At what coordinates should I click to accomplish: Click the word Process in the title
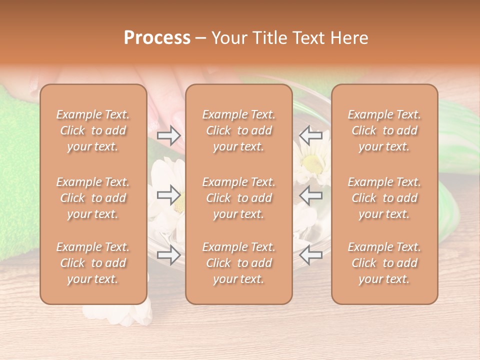click(x=157, y=37)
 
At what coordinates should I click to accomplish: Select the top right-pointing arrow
click(x=169, y=135)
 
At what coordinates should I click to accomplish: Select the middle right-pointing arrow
click(x=169, y=195)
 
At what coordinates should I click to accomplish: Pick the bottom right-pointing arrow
click(x=169, y=255)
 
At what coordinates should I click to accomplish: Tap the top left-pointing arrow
click(x=311, y=135)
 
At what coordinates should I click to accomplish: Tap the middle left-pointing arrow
click(x=311, y=195)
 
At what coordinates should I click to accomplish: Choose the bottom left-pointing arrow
click(x=311, y=255)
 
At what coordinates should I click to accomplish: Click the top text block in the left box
click(x=93, y=130)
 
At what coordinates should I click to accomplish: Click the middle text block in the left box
click(x=93, y=198)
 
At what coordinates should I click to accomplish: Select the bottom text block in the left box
click(x=93, y=263)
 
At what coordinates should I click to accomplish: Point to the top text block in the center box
click(x=238, y=130)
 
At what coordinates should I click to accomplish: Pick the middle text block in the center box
click(x=238, y=198)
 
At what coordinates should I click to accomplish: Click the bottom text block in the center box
click(x=238, y=263)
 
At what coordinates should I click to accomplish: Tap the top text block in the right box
click(x=384, y=130)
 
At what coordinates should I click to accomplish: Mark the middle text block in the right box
click(x=384, y=198)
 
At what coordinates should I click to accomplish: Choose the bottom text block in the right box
click(x=384, y=263)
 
